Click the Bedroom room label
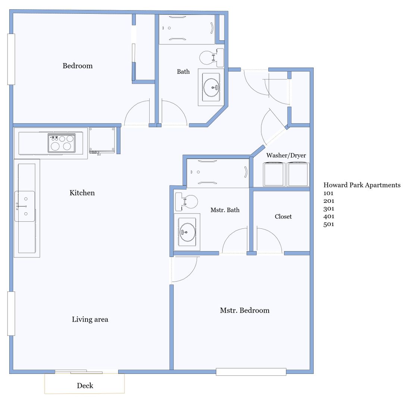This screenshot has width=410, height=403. point(77,66)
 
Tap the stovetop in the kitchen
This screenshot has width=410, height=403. point(62,143)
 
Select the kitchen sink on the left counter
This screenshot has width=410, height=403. point(25,206)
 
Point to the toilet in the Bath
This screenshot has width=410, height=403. point(212,57)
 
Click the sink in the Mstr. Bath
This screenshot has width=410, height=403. point(187,232)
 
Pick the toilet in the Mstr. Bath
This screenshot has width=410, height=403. point(186,201)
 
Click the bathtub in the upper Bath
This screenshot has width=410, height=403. point(187,29)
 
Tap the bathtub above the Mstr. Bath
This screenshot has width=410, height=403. point(218,173)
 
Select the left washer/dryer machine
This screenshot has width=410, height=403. point(274,174)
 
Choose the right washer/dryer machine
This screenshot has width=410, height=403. point(298,174)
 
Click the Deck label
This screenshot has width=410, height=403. point(85,385)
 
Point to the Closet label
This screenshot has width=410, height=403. point(283,216)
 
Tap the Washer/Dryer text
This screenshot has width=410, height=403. point(286,155)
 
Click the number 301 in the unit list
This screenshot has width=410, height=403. point(329,209)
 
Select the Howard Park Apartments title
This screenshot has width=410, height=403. point(362,185)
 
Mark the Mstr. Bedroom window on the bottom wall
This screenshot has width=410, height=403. point(251,372)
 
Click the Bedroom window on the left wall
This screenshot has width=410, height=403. point(11,59)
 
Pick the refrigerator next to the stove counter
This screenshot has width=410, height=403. point(102,140)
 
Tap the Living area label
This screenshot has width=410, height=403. point(90,319)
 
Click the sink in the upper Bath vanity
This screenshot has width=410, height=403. point(211,87)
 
